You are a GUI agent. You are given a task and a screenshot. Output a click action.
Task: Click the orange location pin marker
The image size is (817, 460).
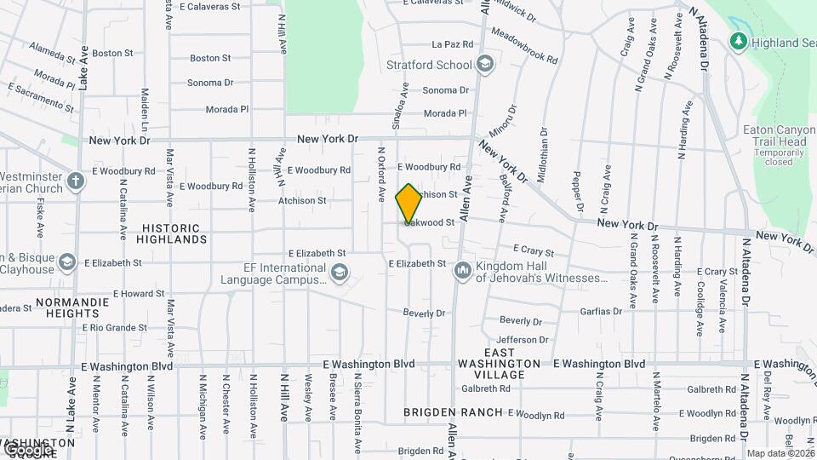[408, 204]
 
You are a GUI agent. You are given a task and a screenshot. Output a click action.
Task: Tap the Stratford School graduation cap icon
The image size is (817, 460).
[485, 65]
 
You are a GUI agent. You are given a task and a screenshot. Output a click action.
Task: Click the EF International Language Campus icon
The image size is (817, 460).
[339, 272]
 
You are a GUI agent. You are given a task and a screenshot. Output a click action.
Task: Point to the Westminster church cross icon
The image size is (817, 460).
[75, 181]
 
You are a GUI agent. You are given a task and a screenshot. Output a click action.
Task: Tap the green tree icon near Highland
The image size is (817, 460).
[739, 41]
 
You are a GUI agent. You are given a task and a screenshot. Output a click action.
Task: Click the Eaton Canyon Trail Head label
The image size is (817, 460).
[774, 135]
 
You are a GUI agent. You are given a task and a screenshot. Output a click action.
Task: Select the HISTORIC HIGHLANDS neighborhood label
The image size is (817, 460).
[171, 233]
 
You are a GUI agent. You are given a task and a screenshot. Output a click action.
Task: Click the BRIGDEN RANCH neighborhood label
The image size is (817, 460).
[454, 412]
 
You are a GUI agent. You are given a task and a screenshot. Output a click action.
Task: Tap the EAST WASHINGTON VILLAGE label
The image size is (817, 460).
[500, 358]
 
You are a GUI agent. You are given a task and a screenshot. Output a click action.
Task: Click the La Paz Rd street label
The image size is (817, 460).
[452, 44]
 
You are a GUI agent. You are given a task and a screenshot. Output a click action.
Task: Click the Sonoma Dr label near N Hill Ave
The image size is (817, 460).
[211, 83]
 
